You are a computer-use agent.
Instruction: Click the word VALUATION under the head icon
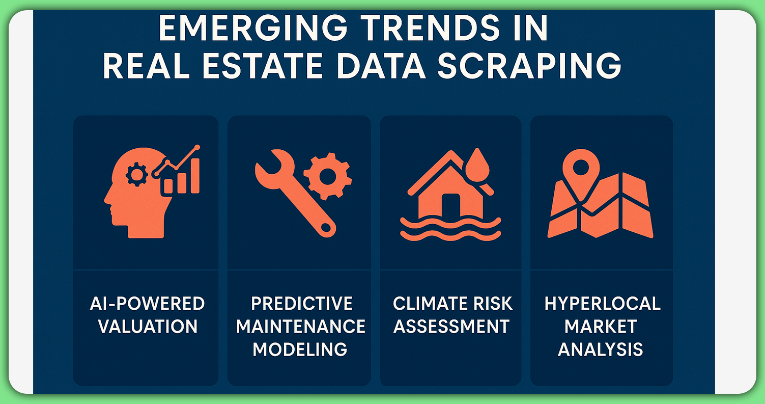point(148,326)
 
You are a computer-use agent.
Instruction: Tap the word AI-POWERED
point(148,304)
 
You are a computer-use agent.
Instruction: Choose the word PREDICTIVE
point(301,304)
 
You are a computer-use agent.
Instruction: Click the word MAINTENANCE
point(301,326)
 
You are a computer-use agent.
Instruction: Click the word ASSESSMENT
point(451,326)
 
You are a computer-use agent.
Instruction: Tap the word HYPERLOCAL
point(602,304)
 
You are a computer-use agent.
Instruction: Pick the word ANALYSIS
point(601,349)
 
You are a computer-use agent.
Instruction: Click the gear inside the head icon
point(136,175)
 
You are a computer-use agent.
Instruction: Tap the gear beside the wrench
point(327,176)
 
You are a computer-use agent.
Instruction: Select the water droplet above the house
point(477,163)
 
